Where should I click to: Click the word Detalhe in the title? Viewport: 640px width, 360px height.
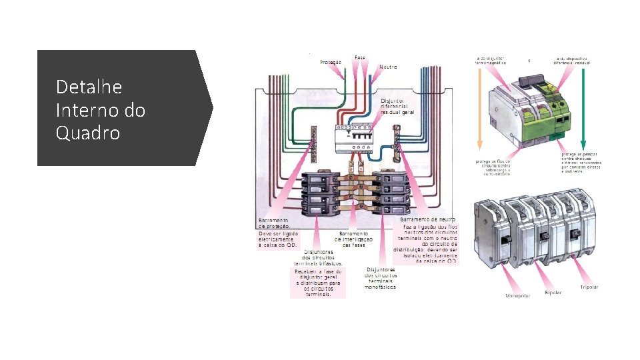point(89,87)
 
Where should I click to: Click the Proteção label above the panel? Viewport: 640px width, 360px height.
point(331,63)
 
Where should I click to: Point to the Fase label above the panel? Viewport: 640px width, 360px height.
point(360,57)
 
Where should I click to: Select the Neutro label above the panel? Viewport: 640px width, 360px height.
point(388,67)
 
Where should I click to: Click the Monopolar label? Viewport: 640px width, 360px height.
point(518,295)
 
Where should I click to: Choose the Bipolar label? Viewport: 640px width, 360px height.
point(553,292)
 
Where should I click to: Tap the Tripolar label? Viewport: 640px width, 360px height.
point(588,287)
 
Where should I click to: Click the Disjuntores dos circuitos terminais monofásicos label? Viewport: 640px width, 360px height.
point(380,278)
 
